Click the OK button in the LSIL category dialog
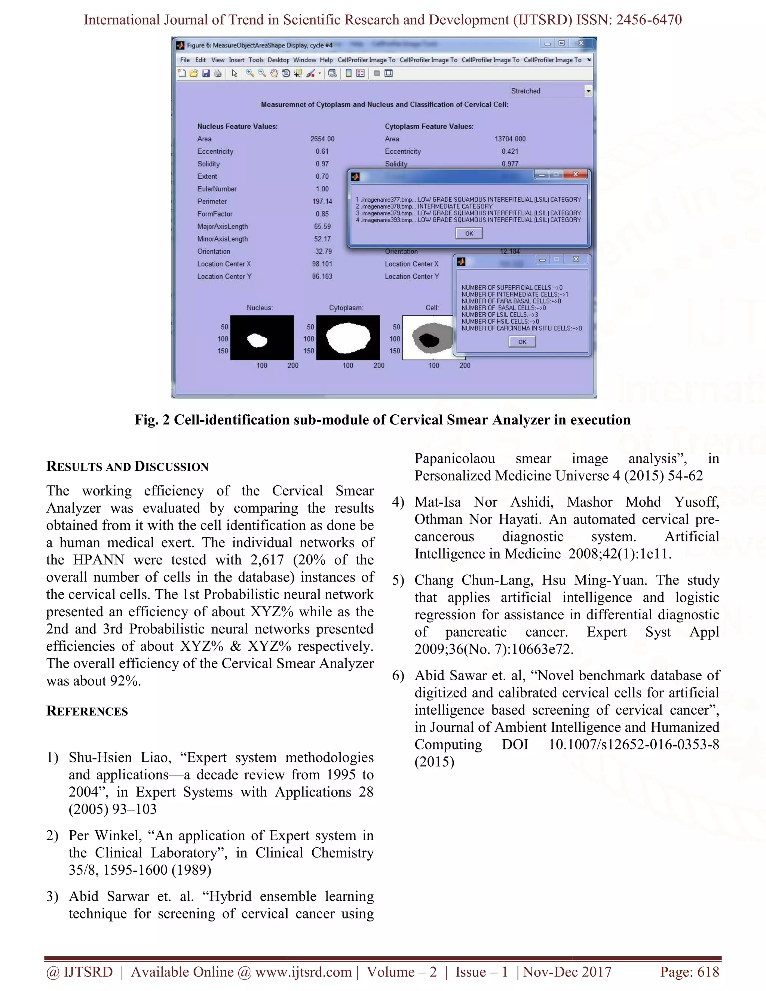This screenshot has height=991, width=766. (469, 233)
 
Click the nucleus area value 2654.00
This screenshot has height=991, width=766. (322, 139)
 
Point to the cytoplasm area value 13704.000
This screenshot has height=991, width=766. (510, 139)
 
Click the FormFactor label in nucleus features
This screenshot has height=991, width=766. (215, 214)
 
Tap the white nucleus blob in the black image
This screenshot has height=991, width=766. (257, 340)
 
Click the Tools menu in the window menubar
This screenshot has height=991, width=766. (256, 60)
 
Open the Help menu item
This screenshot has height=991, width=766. (326, 60)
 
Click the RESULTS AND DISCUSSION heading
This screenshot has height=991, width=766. (128, 466)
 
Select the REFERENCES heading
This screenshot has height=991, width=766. (87, 711)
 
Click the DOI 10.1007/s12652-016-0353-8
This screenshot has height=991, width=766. (634, 745)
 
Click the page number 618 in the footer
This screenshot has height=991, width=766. (708, 972)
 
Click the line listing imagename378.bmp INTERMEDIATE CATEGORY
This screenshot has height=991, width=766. (424, 206)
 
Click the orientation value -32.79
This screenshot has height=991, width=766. (322, 251)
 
